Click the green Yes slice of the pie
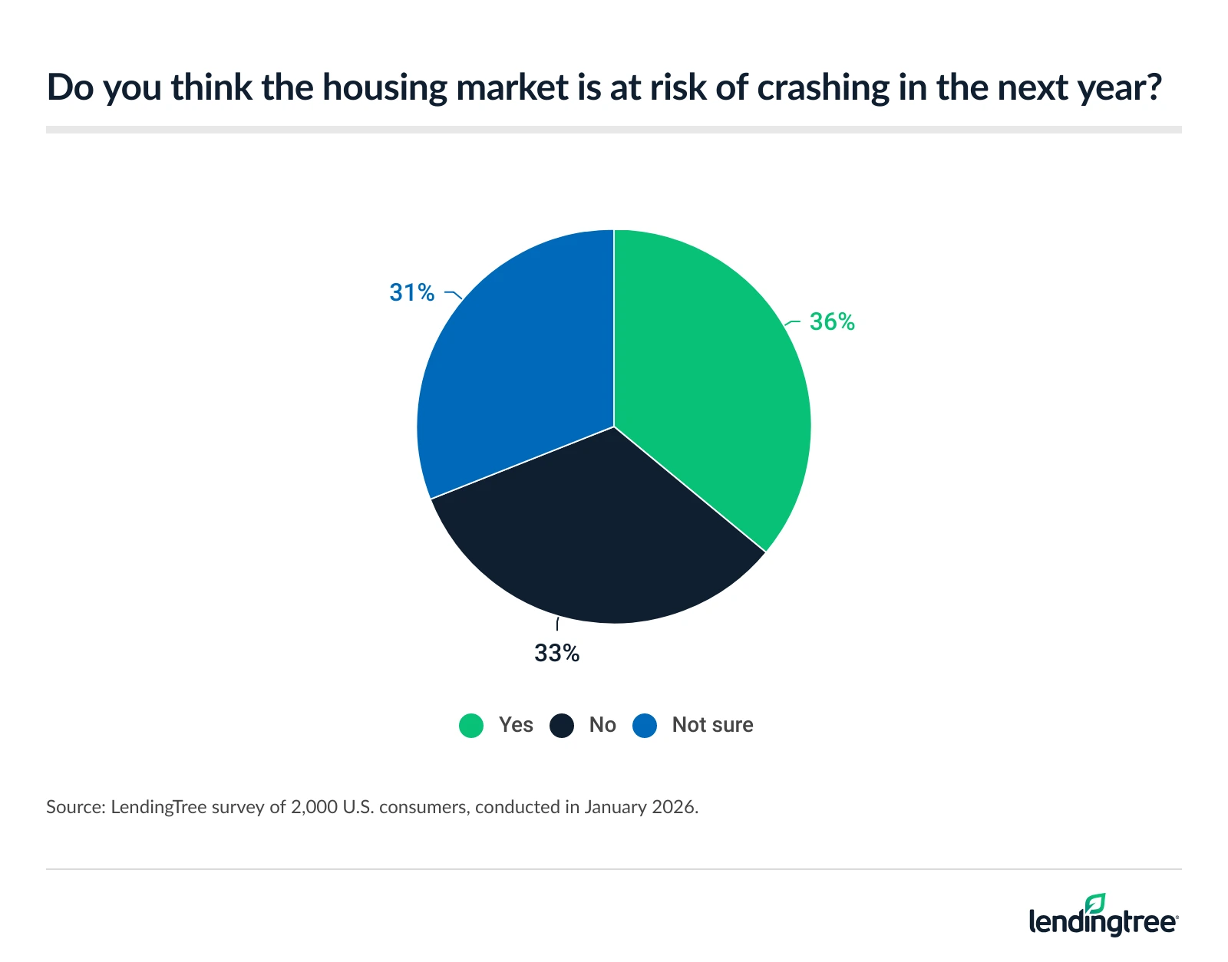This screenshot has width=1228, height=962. pyautogui.click(x=706, y=384)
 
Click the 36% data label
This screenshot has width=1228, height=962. pyautogui.click(x=832, y=321)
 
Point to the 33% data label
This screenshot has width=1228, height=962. pyautogui.click(x=556, y=653)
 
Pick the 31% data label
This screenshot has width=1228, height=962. pyautogui.click(x=412, y=292)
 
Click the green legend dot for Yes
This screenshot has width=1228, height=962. pyautogui.click(x=471, y=725)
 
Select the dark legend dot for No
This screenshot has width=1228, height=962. pyautogui.click(x=562, y=725)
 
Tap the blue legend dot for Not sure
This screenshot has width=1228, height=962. pyautogui.click(x=645, y=725)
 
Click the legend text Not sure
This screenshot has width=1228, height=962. pyautogui.click(x=712, y=725)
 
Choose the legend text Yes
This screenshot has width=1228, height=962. pyautogui.click(x=516, y=725)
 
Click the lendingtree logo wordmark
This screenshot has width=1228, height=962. pyautogui.click(x=1102, y=921)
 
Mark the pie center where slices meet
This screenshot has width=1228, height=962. pyautogui.click(x=614, y=427)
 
